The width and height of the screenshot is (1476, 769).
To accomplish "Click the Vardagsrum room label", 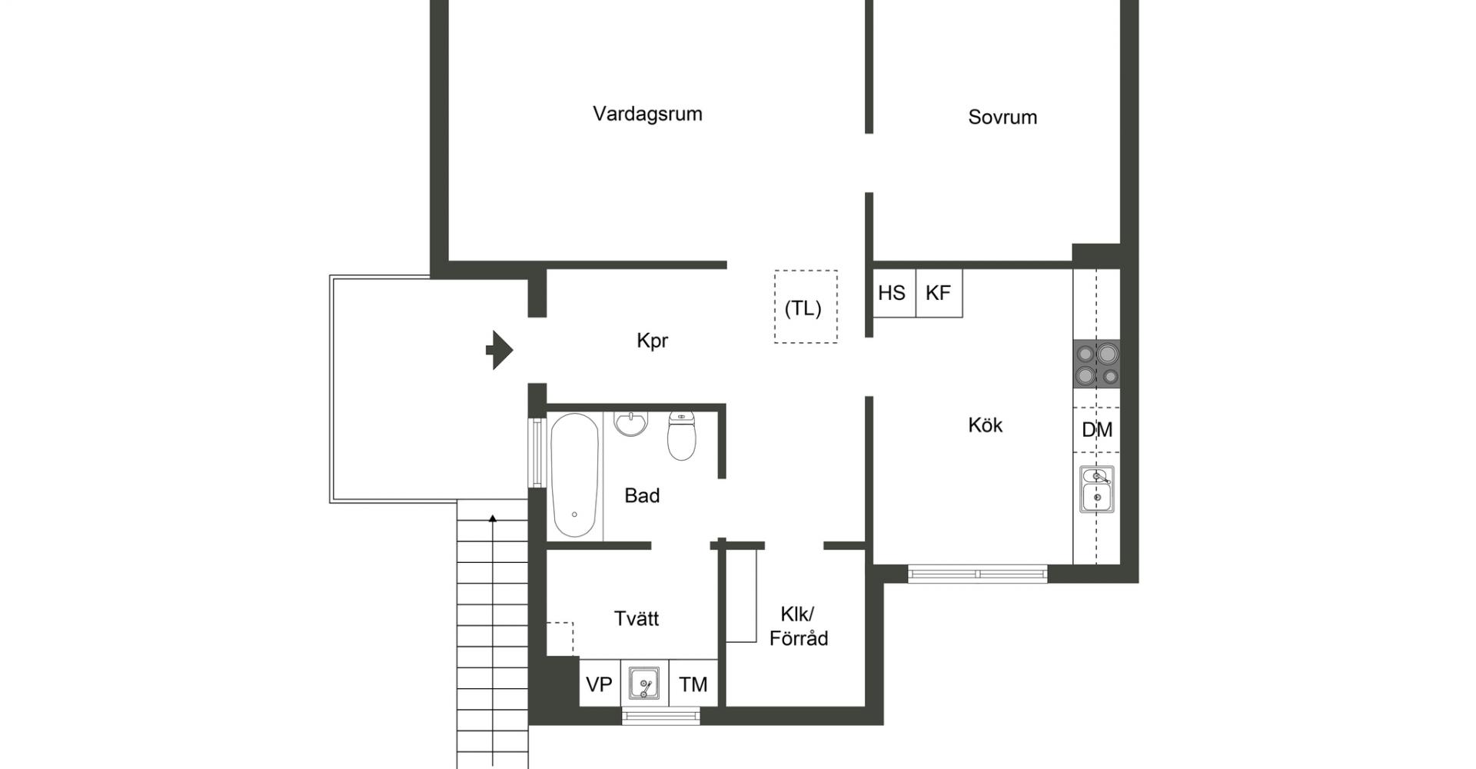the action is point(647,115).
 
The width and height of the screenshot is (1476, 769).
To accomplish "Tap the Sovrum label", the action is point(1002,117).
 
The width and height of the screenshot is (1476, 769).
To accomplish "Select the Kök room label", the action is point(985,424).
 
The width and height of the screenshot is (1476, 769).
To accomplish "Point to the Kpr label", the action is point(652,341).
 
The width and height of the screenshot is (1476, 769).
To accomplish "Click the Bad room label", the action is point(642,495).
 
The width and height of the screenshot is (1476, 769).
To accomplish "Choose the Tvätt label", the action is point(637,618).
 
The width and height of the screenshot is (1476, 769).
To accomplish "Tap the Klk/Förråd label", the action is point(799,626).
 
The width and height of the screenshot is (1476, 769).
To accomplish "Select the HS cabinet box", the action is point(894,292).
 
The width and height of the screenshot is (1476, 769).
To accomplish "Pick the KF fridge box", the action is point(939,292).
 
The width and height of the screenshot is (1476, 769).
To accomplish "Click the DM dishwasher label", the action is point(1097,430).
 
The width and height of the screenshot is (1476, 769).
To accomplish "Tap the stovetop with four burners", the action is point(1096,364).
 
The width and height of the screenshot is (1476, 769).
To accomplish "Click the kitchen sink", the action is point(1097,489).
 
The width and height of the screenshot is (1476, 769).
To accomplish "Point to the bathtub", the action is point(575,475).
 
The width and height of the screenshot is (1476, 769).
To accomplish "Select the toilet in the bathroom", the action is point(681,435).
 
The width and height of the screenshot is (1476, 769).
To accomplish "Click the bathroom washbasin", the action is point(630,423).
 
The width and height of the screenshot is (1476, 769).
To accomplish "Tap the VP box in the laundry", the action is point(600,684).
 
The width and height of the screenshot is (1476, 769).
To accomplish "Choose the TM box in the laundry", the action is point(693,684).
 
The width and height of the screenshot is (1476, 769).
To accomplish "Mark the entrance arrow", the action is point(500,350).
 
